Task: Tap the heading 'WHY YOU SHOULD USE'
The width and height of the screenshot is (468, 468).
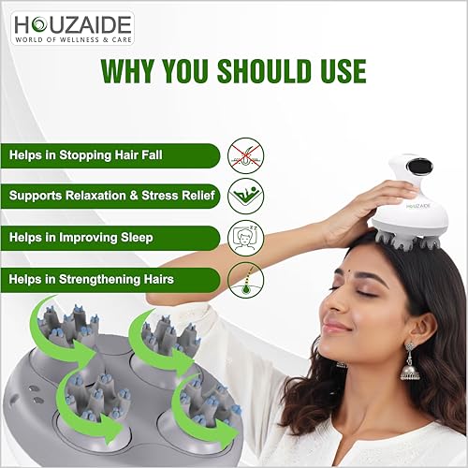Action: click(x=234, y=71)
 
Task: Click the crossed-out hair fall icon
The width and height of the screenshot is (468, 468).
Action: click(x=246, y=154)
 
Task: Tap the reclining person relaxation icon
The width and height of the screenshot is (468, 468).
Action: click(x=246, y=196)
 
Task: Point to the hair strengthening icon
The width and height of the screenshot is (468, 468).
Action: click(x=246, y=278)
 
